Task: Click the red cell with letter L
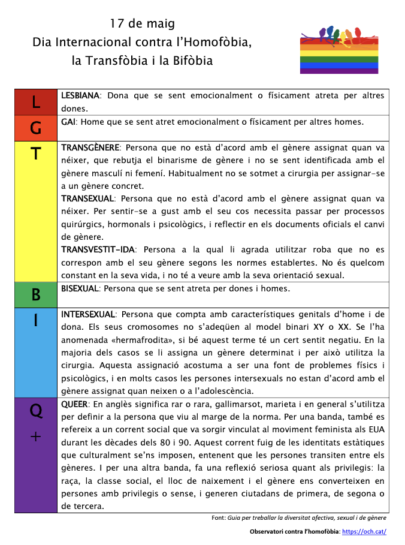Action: point(36,103)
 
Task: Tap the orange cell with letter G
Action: point(36,128)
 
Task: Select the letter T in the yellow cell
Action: point(36,154)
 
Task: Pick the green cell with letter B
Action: point(36,294)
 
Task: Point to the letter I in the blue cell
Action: point(36,321)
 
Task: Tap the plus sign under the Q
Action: point(36,437)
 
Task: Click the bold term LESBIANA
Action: point(80,96)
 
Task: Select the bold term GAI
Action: point(68,122)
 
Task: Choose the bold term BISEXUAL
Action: point(80,288)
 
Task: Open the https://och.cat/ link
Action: point(364,531)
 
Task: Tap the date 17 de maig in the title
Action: point(143,24)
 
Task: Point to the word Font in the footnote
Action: point(219,517)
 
